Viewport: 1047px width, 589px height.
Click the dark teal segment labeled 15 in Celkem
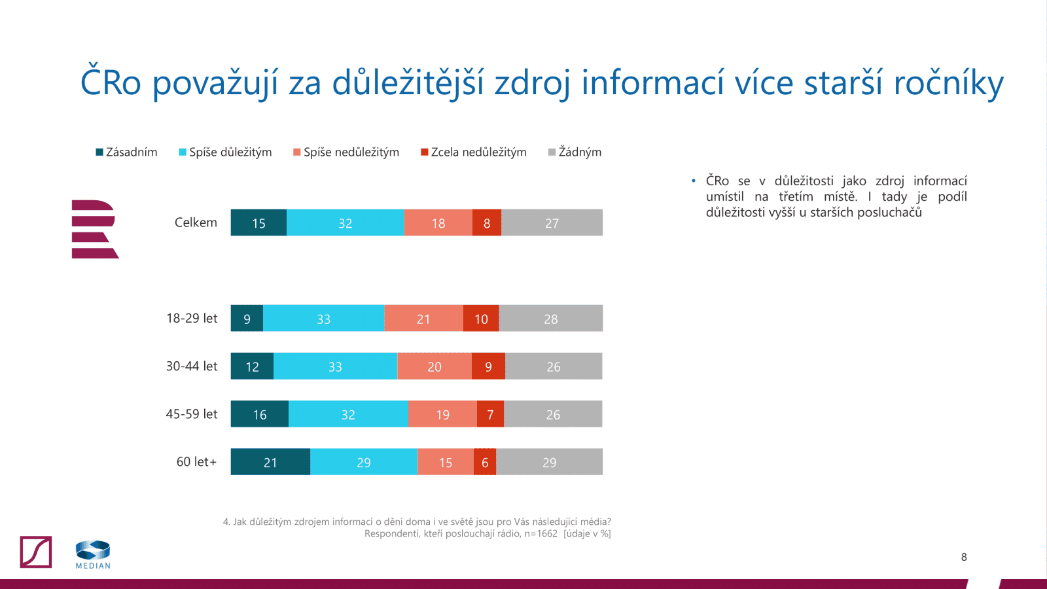[x=258, y=223]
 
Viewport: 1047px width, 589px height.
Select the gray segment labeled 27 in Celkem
[x=552, y=223]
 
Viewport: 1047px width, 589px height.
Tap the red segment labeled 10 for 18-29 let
[x=481, y=319]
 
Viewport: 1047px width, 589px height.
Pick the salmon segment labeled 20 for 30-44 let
[x=435, y=366]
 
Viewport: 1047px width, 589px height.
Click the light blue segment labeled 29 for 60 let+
[x=364, y=462]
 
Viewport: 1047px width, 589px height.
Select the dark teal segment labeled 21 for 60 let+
[x=270, y=462]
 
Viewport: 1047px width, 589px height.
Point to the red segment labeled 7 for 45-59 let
[x=490, y=414]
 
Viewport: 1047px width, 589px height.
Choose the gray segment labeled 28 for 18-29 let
[x=550, y=319]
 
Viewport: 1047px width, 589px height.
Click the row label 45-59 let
[x=191, y=414]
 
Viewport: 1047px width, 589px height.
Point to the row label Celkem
[x=196, y=223]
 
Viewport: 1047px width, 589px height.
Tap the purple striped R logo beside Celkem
[x=94, y=229]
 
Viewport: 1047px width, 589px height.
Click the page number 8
[x=964, y=557]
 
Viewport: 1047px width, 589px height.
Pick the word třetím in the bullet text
[x=796, y=196]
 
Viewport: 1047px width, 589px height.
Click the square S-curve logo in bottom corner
[x=36, y=552]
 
